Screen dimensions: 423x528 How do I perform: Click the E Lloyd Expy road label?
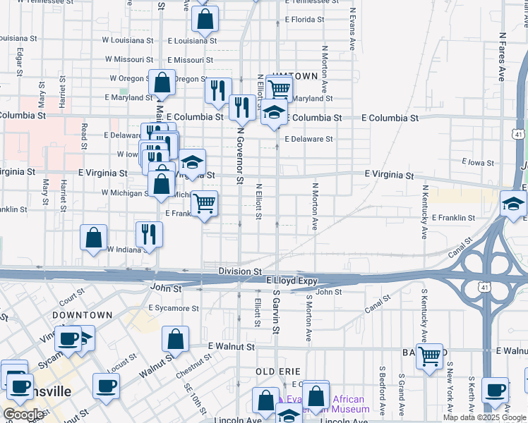click(292, 281)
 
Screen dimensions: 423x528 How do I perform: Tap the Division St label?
click(240, 271)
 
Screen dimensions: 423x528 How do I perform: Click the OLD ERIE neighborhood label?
click(278, 372)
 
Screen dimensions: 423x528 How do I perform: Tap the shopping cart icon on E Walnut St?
click(429, 357)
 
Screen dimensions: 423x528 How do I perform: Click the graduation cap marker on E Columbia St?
click(274, 113)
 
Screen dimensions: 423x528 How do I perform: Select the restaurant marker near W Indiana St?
click(149, 235)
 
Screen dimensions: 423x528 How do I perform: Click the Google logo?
click(24, 415)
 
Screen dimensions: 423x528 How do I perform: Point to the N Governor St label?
click(240, 156)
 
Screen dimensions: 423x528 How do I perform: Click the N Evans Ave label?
click(352, 29)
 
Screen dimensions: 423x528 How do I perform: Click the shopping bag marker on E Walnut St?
click(175, 340)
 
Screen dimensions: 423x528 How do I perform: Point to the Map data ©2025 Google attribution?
click(485, 417)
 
